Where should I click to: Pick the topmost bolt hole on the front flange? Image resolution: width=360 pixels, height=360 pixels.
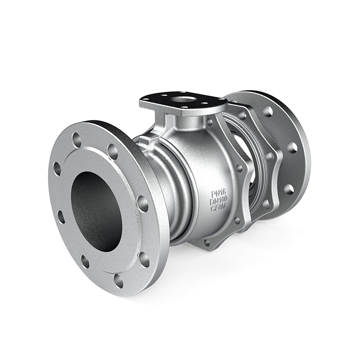(76, 138)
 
